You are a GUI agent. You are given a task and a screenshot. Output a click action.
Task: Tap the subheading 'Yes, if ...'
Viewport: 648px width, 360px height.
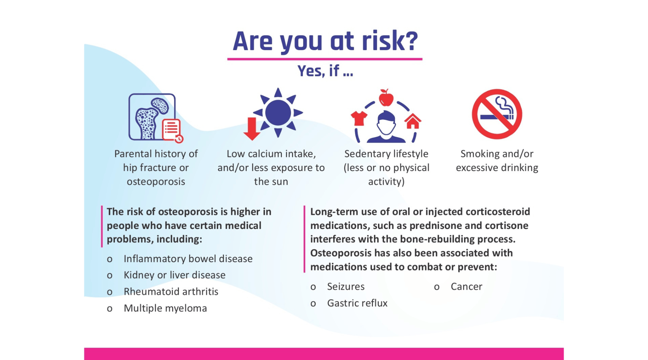(x=325, y=71)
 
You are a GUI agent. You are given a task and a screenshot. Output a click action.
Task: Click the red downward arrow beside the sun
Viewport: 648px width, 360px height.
(x=252, y=129)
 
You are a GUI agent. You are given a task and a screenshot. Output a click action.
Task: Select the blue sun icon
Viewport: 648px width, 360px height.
(x=278, y=112)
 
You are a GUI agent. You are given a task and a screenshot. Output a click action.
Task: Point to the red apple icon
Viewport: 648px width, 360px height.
(x=386, y=98)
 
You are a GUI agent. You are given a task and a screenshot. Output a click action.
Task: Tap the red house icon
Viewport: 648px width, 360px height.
(x=413, y=121)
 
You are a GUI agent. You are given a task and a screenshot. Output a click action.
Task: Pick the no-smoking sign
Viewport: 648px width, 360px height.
(x=497, y=114)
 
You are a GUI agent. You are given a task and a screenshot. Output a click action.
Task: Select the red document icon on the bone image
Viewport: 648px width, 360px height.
(x=172, y=130)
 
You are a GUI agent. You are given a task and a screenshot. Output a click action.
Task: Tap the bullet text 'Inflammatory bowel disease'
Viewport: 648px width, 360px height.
(x=188, y=259)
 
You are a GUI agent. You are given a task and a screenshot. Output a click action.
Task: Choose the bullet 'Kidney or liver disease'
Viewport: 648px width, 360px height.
(x=174, y=275)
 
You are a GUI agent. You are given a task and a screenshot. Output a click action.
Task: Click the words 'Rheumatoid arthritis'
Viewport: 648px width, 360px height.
(x=171, y=291)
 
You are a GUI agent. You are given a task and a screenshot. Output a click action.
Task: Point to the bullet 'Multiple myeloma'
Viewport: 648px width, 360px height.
(x=165, y=308)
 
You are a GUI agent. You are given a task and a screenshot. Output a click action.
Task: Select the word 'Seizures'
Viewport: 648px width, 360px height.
(x=346, y=286)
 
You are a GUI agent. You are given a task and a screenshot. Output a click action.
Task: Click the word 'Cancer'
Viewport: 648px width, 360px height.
(x=466, y=286)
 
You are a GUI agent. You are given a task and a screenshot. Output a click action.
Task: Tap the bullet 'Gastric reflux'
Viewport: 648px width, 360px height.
(x=357, y=303)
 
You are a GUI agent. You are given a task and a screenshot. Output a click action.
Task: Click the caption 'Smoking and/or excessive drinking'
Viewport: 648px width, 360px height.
(x=497, y=161)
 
